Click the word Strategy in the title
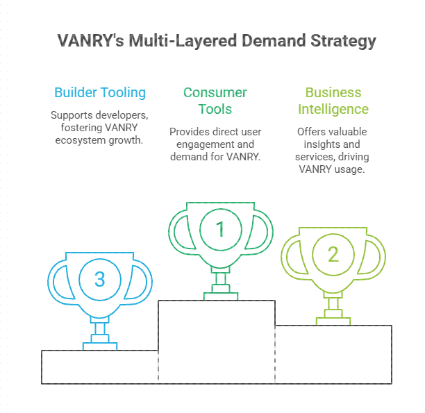pos(343,41)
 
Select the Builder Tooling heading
pos(100,93)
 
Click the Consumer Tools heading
pos(215,101)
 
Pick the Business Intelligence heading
pos(333,101)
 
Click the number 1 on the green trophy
pos(220,229)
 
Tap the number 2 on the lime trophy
pos(333,254)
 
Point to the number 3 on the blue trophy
pos(100,279)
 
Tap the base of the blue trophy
pos(100,346)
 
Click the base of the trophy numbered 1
pos(221,296)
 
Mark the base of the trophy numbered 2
pos(333,321)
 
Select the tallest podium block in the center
pos(217,342)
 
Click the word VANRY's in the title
pos(91,41)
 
